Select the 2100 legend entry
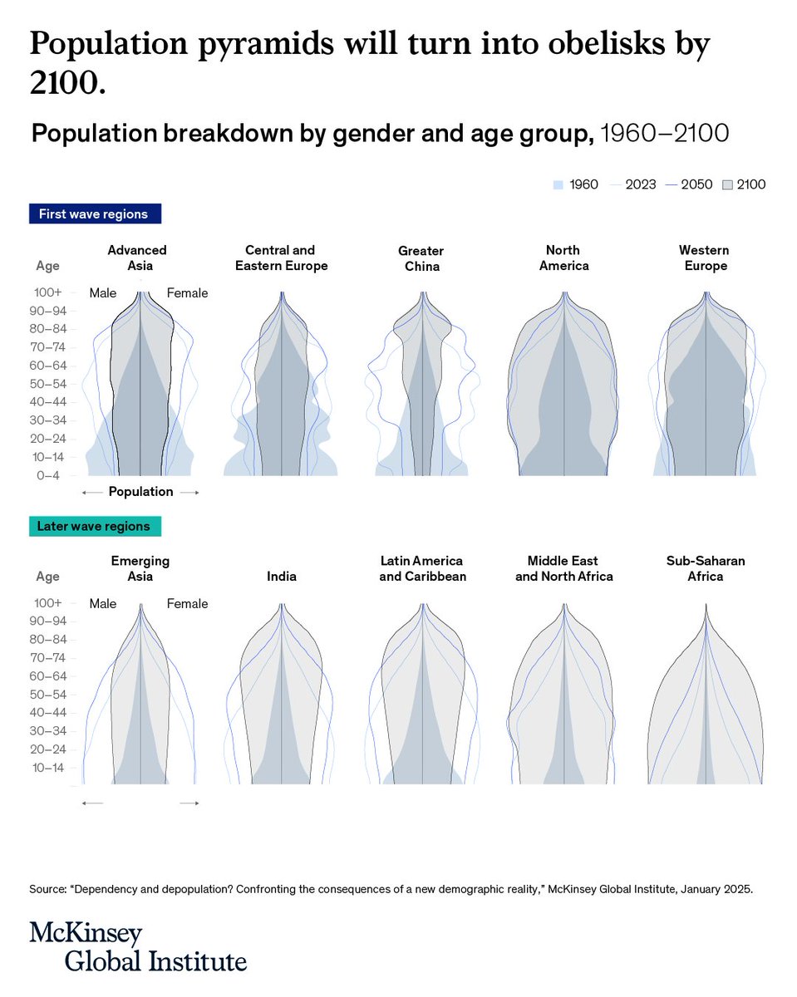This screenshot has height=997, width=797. tap(744, 184)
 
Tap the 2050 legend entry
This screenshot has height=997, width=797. tap(689, 184)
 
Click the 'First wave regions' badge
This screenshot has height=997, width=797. tap(95, 214)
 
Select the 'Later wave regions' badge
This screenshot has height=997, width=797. tap(95, 526)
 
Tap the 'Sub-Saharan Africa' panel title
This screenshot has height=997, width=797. tap(706, 569)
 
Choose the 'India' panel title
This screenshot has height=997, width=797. tap(282, 577)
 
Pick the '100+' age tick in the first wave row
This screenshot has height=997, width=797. tap(48, 292)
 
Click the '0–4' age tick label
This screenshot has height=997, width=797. tap(48, 475)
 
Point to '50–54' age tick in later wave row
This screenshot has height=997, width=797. tap(48, 695)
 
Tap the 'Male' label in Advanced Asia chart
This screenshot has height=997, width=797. tap(103, 293)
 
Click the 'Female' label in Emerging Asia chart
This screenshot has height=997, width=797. tap(187, 604)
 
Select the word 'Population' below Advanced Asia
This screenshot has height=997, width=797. tap(140, 492)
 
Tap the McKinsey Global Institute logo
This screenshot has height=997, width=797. tap(138, 946)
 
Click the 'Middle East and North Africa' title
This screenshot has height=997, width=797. tap(564, 569)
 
